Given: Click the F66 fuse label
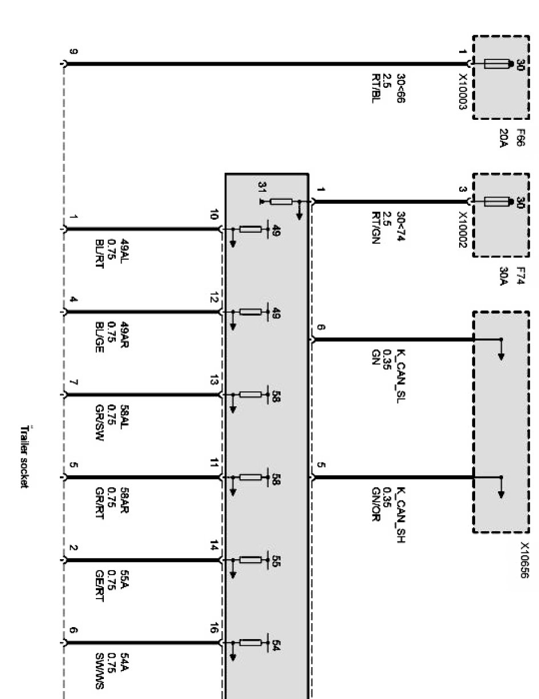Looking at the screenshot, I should click(520, 139).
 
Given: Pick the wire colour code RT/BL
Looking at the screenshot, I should click(375, 89).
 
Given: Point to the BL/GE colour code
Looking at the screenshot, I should click(100, 337).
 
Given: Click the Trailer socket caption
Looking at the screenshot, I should click(24, 456).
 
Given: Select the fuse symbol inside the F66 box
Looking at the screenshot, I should click(496, 64).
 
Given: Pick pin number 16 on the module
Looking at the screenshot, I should click(214, 629).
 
